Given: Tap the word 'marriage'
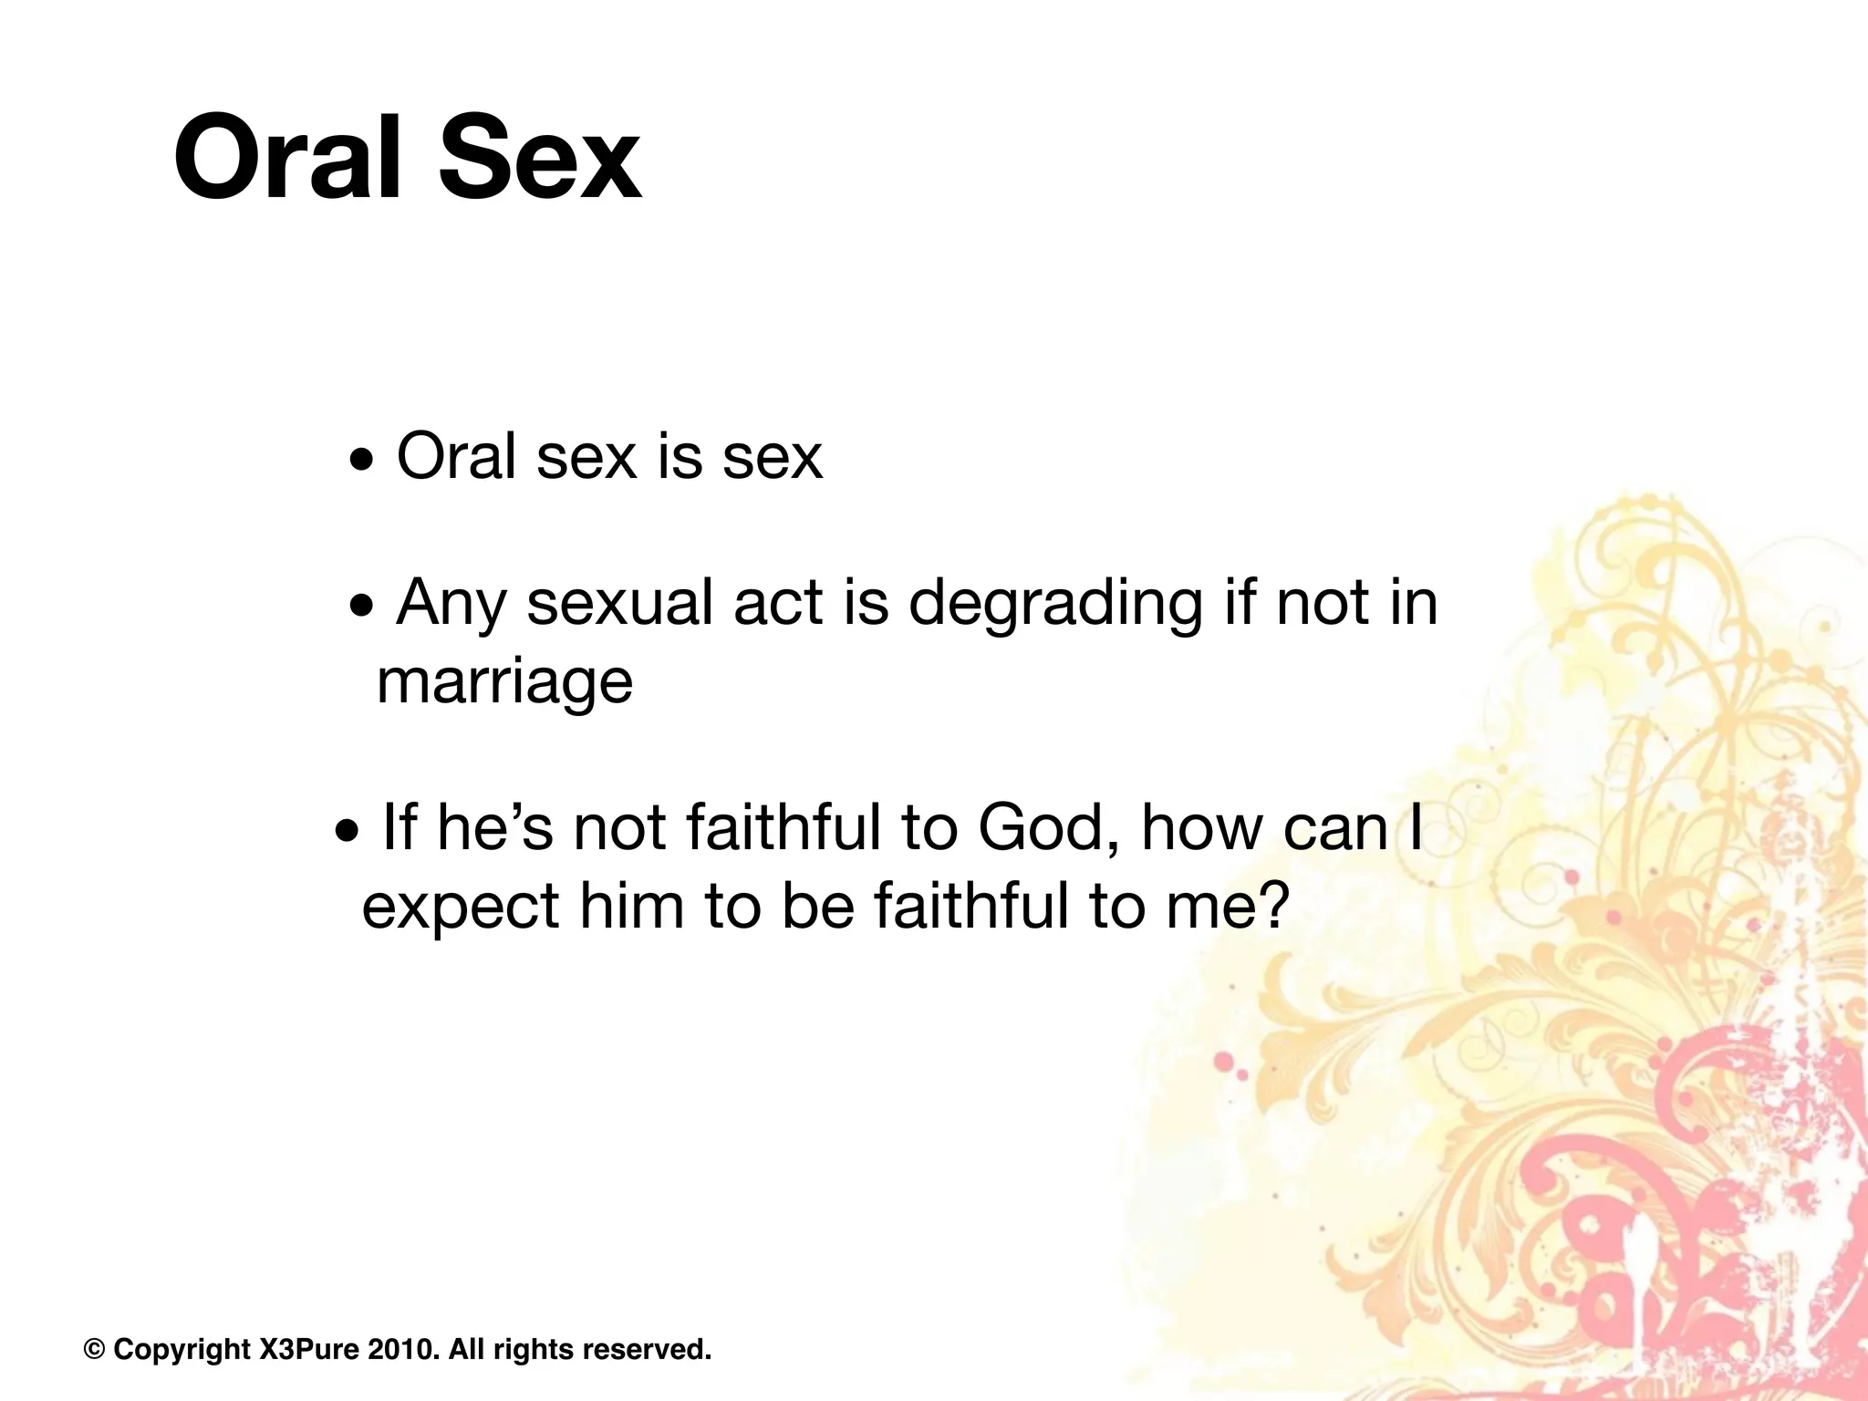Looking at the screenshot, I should click(x=504, y=682).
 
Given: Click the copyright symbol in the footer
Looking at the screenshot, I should click(x=94, y=1349).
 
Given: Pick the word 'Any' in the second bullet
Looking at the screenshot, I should click(x=451, y=605).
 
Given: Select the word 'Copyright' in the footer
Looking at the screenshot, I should click(x=182, y=1349).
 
